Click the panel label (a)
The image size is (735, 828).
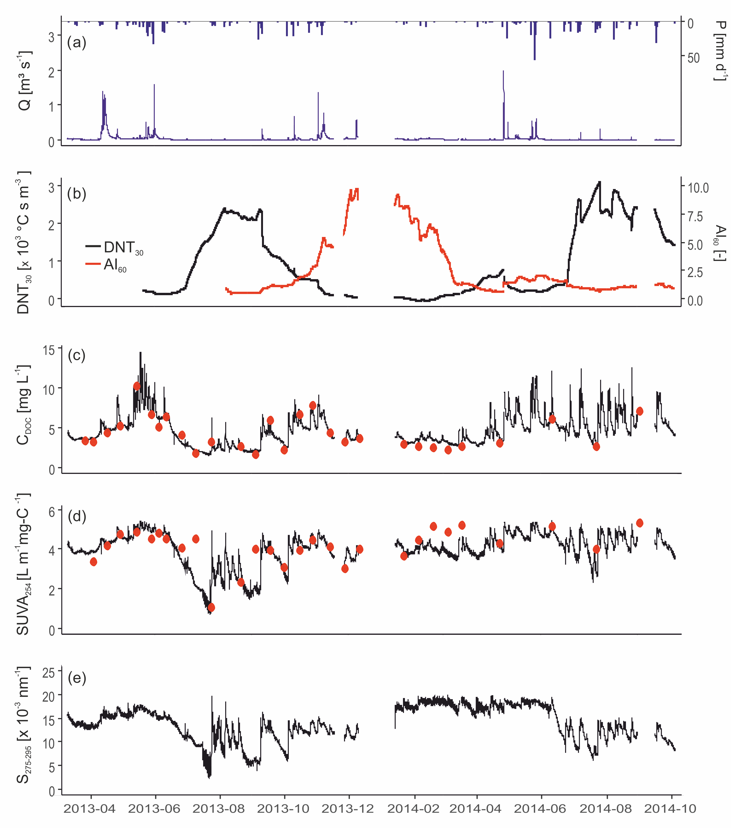tap(77, 42)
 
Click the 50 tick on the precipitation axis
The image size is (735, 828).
tap(694, 58)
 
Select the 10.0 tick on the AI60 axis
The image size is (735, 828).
tap(698, 188)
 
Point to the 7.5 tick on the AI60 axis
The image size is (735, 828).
tap(695, 216)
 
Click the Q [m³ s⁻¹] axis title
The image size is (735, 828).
tap(24, 81)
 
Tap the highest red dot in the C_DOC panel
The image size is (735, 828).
tap(137, 386)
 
